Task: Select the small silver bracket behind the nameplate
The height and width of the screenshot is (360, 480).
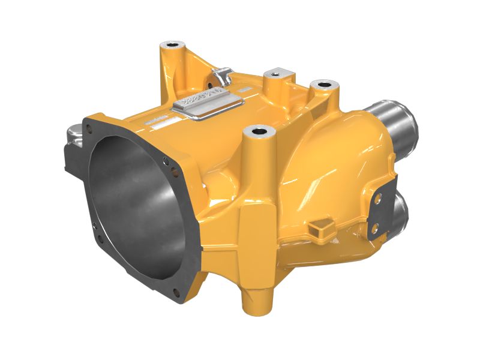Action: click(x=221, y=76)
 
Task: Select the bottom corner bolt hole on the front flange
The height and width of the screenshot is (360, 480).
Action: click(x=176, y=292)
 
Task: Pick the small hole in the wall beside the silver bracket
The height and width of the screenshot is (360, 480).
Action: click(x=211, y=79)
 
